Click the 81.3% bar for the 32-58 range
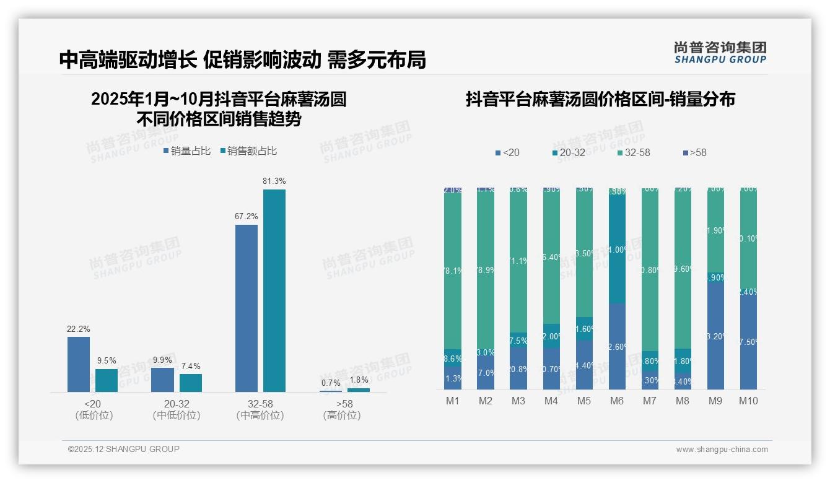click(x=274, y=290)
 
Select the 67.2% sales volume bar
click(x=247, y=308)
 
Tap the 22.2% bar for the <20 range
click(x=79, y=364)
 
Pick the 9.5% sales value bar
click(x=107, y=380)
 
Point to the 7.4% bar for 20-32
click(x=191, y=383)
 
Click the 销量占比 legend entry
click(x=187, y=151)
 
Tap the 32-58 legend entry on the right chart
click(x=634, y=152)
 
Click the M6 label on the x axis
click(x=617, y=401)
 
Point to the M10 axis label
click(x=748, y=401)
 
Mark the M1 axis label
click(x=453, y=401)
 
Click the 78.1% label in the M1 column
click(x=453, y=271)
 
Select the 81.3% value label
click(x=274, y=181)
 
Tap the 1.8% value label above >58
click(x=358, y=380)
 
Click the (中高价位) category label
click(x=260, y=416)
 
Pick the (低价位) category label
click(x=94, y=416)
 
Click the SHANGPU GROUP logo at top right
click(x=720, y=53)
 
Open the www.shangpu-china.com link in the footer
click(x=722, y=450)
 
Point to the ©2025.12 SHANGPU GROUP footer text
click(x=124, y=449)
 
